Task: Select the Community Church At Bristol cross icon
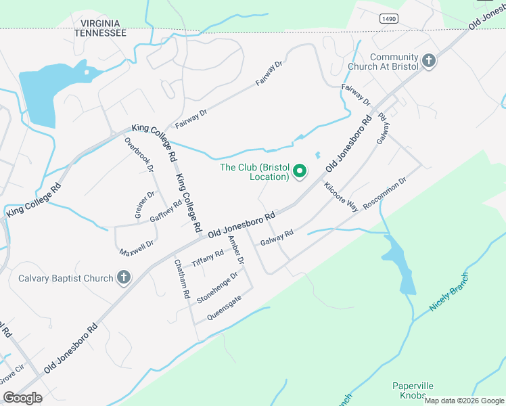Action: click(428, 62)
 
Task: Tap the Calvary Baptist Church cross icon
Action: click(123, 277)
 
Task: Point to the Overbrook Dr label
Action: click(140, 154)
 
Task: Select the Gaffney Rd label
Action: click(166, 211)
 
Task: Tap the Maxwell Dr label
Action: click(137, 248)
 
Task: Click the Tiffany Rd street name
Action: click(208, 259)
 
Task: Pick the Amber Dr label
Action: click(235, 250)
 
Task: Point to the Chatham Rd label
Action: click(180, 279)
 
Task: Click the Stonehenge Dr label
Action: click(217, 288)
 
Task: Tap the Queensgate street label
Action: click(224, 309)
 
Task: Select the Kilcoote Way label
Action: click(341, 197)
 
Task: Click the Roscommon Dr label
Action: click(384, 194)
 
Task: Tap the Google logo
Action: click(22, 398)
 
